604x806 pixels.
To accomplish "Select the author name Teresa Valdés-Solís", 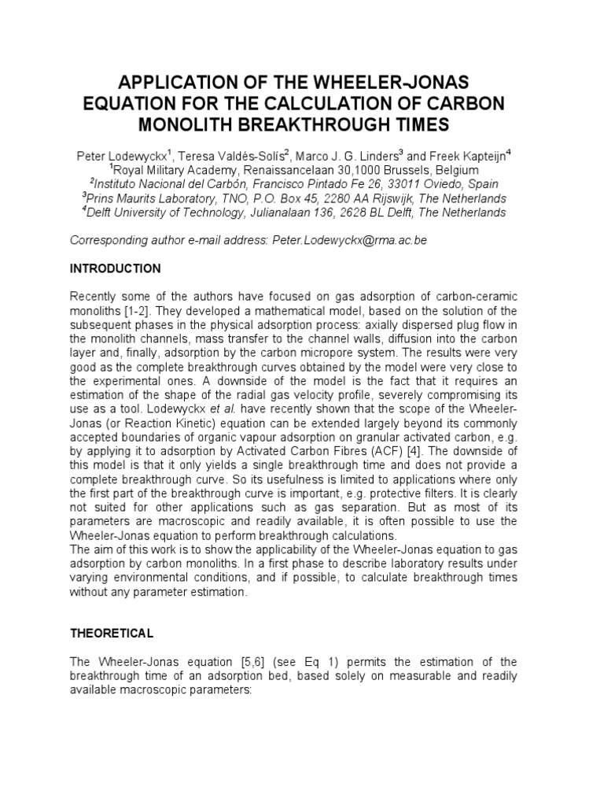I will click(234, 155).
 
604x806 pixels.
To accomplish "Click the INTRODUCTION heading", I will click(116, 268).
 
